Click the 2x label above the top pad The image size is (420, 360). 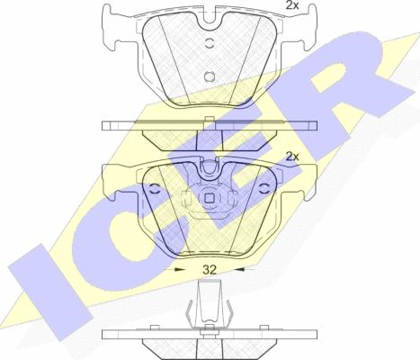tap(292, 5)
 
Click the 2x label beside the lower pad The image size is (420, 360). tap(292, 157)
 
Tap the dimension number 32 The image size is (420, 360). tap(210, 270)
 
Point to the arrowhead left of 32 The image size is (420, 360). tap(180, 269)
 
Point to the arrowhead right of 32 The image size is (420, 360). tap(239, 269)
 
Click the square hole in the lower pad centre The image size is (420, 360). tap(209, 198)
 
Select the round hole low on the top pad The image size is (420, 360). tap(210, 76)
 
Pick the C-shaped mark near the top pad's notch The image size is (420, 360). tap(210, 43)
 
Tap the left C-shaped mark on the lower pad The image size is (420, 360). tap(155, 189)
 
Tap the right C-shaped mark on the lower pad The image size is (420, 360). tap(264, 189)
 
